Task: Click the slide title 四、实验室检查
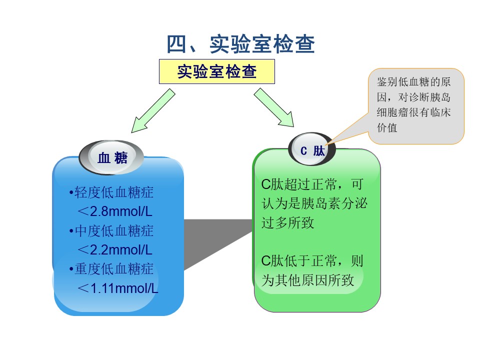coord(240,44)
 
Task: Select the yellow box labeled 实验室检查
coord(216,71)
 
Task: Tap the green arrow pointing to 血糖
coord(153,111)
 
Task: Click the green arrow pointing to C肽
coord(274,107)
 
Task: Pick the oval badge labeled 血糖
coord(111,158)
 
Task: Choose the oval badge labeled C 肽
coord(312,149)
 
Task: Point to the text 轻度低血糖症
coord(114,192)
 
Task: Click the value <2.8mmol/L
coord(115,211)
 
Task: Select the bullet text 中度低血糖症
coord(114,231)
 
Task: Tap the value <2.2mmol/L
coord(115,250)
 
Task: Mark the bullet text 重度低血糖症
coord(114,269)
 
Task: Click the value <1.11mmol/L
coord(118,288)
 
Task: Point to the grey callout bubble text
coord(413,104)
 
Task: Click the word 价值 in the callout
coord(387,127)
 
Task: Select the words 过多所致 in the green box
coord(288,222)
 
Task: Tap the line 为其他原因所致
coord(307,280)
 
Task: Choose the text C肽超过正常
coord(299,184)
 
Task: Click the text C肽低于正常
coord(299,261)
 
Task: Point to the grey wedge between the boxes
coord(218,242)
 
